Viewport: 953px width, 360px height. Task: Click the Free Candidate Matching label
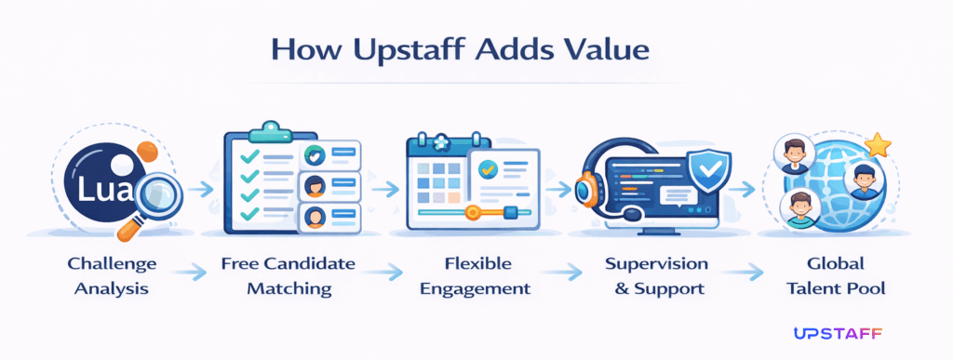pos(289,275)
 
